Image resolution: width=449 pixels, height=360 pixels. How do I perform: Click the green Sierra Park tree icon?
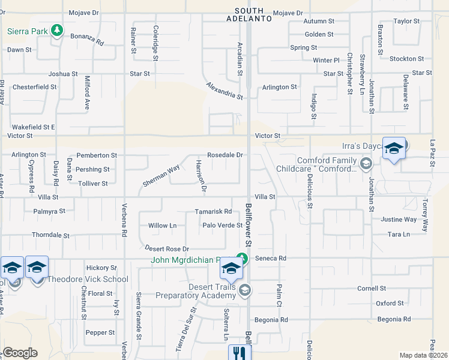coord(57,30)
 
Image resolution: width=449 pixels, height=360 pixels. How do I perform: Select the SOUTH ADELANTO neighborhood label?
coord(249,14)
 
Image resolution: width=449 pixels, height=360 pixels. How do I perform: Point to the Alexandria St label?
coord(224,91)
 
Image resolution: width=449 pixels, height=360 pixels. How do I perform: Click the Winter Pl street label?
coord(326,61)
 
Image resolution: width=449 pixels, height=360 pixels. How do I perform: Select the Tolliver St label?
coord(92,184)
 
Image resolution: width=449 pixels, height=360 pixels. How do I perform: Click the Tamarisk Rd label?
coord(213,212)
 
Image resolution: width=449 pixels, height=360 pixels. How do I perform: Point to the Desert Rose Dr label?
coord(167,248)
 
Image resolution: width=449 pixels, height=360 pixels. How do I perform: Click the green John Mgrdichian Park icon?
coord(241,259)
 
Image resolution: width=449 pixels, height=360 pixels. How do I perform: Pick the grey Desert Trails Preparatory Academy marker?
coord(244,291)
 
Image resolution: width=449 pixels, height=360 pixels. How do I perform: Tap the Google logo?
coord(20,353)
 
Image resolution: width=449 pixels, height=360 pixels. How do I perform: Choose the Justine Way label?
coord(399,220)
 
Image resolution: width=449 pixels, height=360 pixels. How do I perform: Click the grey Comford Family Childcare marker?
coord(366,163)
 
